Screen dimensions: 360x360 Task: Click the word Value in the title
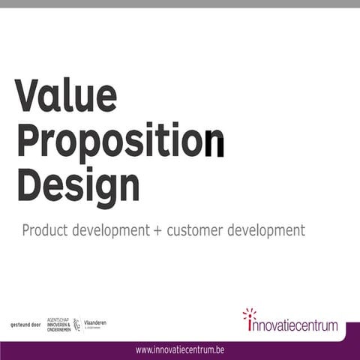[66, 97]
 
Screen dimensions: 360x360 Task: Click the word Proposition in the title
[120, 141]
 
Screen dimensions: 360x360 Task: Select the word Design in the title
[78, 184]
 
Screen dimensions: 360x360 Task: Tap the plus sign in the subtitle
[157, 230]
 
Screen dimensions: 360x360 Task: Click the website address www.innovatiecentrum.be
[180, 349]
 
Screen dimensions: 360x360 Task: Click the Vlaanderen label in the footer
[94, 322]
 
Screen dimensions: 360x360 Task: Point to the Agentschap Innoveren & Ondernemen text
[58, 324]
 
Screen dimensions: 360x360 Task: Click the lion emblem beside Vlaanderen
[76, 324]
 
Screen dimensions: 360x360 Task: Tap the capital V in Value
[28, 96]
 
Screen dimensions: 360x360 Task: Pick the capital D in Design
[29, 184]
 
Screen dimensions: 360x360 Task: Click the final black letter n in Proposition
[214, 143]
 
